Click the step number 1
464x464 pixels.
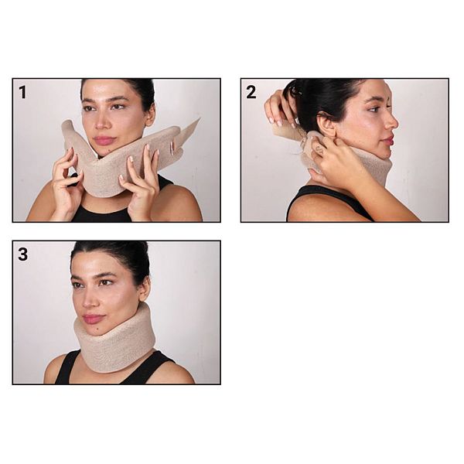pyautogui.click(x=22, y=92)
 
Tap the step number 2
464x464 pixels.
pyautogui.click(x=251, y=92)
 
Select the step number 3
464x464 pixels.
pyautogui.click(x=22, y=254)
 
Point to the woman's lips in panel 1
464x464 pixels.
pyautogui.click(x=104, y=140)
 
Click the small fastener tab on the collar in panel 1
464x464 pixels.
pyautogui.click(x=172, y=148)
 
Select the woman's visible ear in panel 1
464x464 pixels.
pyautogui.click(x=150, y=114)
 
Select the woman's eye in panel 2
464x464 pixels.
pyautogui.click(x=374, y=109)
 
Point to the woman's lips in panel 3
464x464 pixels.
pyautogui.click(x=93, y=319)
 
